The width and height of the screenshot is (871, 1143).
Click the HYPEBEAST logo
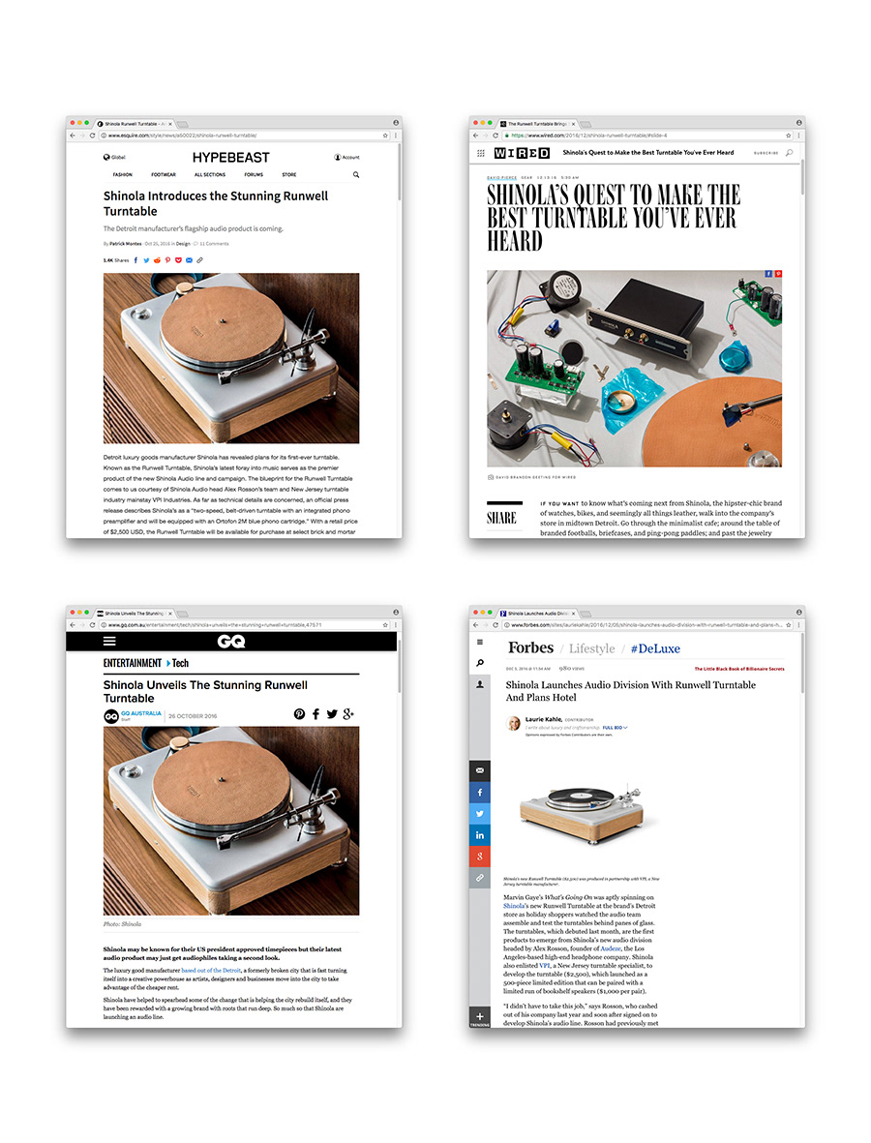(x=231, y=157)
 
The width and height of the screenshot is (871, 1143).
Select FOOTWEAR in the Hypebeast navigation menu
(x=164, y=175)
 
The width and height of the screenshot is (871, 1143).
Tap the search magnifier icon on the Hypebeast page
(x=356, y=175)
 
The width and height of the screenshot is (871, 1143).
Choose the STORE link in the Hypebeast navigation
(x=288, y=175)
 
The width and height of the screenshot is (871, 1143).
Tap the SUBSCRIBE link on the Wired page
(x=766, y=153)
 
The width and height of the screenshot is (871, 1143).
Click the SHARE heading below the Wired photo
(x=501, y=518)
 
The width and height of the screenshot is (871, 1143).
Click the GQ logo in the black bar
(x=231, y=642)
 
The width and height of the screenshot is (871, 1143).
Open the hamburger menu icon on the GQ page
(x=109, y=642)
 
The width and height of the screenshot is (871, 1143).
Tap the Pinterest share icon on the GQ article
(x=299, y=714)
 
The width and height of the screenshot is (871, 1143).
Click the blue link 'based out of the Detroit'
(x=211, y=970)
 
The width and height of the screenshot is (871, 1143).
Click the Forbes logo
(x=530, y=647)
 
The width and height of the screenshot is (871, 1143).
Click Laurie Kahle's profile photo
(x=513, y=724)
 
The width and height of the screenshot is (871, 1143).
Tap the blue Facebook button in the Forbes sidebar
(x=480, y=792)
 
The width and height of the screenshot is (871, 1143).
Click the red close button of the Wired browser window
(x=475, y=123)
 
